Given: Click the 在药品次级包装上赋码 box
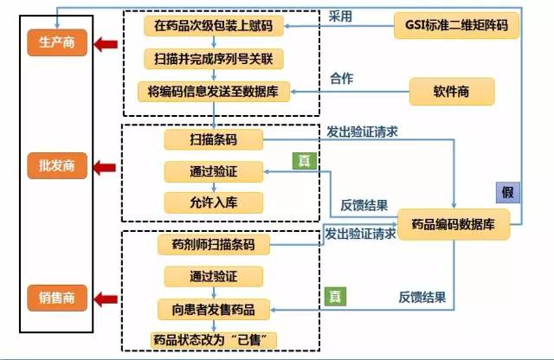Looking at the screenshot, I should tap(213, 27).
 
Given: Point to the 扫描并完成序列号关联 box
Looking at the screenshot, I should tap(213, 59).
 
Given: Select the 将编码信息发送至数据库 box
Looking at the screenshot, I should tap(213, 90).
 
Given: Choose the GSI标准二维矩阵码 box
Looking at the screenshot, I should tap(457, 26).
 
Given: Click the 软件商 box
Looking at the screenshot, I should tap(451, 90).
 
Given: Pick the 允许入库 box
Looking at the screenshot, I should tap(213, 202).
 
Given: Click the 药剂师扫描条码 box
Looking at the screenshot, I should tap(213, 245).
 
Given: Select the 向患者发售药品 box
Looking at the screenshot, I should tap(213, 308).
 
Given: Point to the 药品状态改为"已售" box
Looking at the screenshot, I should tap(213, 339).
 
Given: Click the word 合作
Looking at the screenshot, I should tap(343, 79).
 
